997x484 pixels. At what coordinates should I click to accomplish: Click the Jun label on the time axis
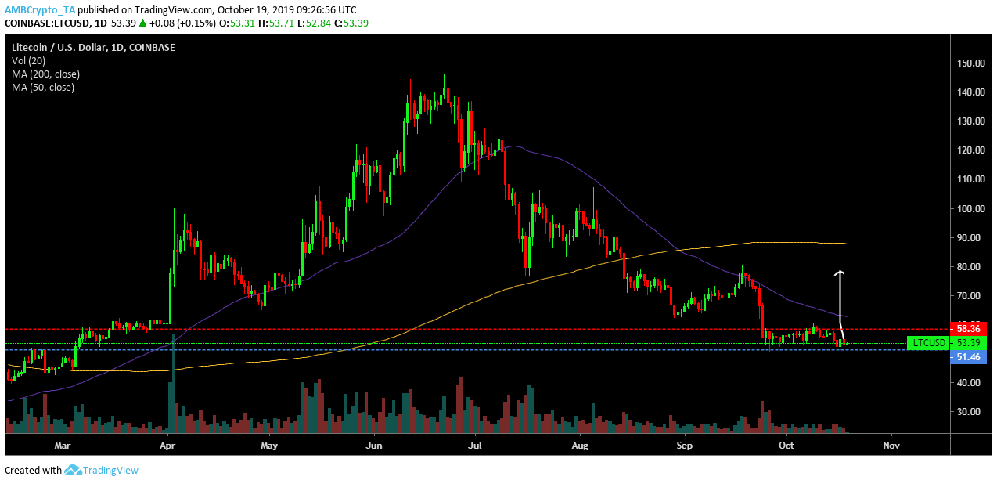coord(373,446)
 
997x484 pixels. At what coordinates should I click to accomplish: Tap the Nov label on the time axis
coord(891,446)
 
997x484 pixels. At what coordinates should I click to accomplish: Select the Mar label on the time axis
coord(63,446)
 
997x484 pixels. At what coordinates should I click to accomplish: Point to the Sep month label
coord(685,446)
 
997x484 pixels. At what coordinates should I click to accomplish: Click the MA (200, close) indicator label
coord(45,74)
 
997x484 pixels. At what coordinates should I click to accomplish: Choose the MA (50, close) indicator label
coord(43,88)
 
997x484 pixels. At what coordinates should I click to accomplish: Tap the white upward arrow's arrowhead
coord(840,273)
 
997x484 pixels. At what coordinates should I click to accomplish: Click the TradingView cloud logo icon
coord(74,470)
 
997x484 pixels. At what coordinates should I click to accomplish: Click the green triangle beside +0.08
coord(143,23)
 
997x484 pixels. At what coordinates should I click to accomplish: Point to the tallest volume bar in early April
coord(173,384)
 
